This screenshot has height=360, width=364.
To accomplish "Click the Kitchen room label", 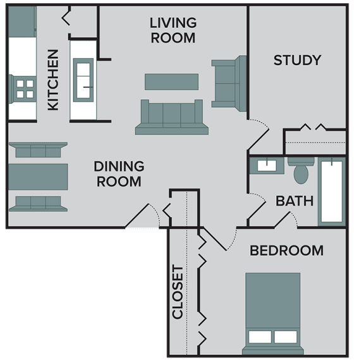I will tap(54, 80).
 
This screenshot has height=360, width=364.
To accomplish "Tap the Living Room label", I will tap(173, 30).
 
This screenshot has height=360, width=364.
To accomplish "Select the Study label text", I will tap(297, 61).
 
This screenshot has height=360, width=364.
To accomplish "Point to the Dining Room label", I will tap(119, 173).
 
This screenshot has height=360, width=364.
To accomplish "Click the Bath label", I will tap(294, 201).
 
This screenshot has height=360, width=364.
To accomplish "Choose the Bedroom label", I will tap(286, 251).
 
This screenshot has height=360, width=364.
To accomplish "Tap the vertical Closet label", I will tap(178, 292).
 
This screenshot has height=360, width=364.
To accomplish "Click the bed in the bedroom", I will tap(272, 310).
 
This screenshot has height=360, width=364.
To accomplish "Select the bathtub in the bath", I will tap(332, 192).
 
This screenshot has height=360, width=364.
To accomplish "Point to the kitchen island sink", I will tap(83, 80).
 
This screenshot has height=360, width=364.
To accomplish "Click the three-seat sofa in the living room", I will tap(171, 116).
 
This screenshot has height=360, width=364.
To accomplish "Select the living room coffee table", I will tap(171, 82).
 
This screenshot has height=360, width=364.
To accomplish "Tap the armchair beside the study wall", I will tap(227, 81).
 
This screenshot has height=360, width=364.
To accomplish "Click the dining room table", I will tap(38, 177).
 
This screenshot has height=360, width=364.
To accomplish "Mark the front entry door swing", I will tap(144, 216).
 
